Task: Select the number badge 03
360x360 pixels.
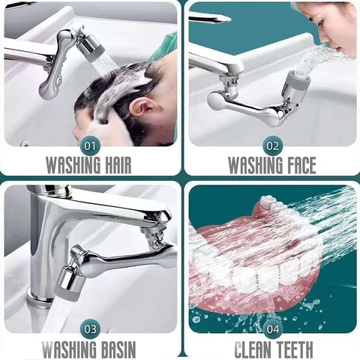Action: pos(91,327)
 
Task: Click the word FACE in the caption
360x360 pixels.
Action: pos(296,164)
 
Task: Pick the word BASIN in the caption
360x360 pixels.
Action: pos(116,348)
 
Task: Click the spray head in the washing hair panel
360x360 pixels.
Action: pos(91,47)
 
